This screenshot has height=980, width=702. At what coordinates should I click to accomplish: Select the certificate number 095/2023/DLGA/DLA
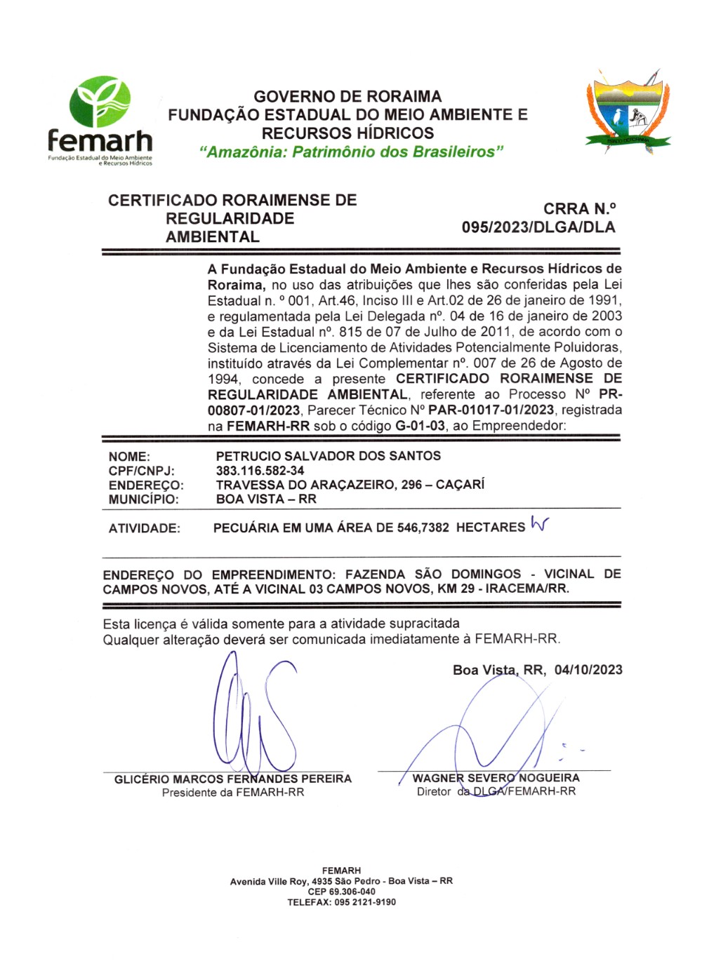coord(538,227)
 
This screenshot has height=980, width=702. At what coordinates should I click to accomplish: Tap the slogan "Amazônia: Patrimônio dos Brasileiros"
coord(352,152)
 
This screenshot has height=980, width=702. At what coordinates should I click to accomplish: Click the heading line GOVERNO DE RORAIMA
coord(347,97)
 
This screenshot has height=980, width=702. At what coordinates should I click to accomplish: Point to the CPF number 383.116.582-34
coord(260,471)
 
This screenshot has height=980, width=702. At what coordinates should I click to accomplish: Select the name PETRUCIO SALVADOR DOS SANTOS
coord(329,456)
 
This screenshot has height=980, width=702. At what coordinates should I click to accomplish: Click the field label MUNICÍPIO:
coord(143,499)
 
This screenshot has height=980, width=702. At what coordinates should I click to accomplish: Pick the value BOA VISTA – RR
coord(266,499)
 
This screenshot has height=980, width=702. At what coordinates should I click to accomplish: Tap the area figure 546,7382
coord(423,528)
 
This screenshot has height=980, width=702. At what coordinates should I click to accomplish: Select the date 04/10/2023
coord(588,670)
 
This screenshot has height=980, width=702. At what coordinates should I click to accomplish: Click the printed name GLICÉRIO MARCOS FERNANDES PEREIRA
coord(233,779)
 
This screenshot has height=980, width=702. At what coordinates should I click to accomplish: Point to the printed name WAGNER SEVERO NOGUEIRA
coord(496,778)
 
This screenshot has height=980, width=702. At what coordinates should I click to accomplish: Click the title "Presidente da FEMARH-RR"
coord(233,793)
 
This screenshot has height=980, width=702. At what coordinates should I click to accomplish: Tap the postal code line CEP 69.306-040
coord(341,892)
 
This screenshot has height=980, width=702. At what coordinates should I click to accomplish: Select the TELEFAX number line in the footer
coord(341,902)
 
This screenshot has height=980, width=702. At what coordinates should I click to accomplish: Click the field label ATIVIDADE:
coord(144,529)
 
